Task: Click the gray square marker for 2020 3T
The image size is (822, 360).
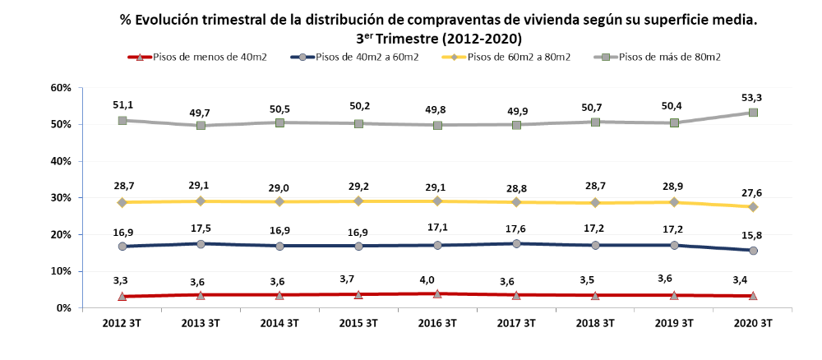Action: click(753, 113)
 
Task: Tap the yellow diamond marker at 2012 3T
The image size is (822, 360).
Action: click(122, 202)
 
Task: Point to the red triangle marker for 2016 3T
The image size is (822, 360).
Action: click(437, 293)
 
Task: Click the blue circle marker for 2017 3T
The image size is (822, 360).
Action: click(516, 243)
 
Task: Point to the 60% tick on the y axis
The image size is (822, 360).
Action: click(62, 88)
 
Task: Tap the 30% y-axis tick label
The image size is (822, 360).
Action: click(62, 198)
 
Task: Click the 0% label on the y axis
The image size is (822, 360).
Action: click(65, 308)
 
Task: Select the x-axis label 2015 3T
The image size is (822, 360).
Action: click(358, 323)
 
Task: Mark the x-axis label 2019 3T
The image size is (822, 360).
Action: click(674, 323)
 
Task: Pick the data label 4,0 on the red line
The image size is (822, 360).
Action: click(437, 278)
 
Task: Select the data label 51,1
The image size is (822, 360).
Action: click(122, 104)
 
